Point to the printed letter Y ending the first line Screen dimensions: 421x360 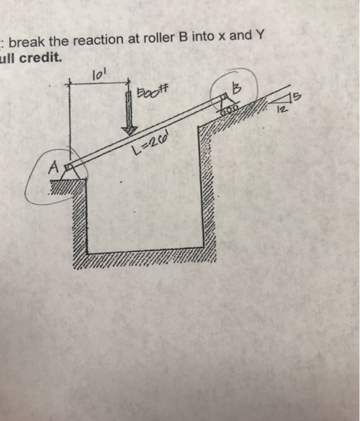260,37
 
